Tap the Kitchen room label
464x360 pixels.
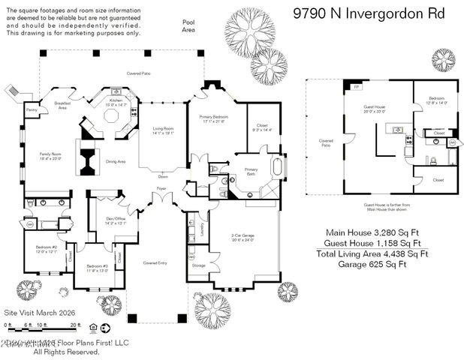[x=116, y=102]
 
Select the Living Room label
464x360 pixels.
[x=163, y=130]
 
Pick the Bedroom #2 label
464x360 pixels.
[x=46, y=248]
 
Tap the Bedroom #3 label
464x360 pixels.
[x=97, y=268]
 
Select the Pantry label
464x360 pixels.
[x=32, y=110]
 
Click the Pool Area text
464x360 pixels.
[x=188, y=26]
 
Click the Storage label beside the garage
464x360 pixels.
[x=198, y=265]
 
